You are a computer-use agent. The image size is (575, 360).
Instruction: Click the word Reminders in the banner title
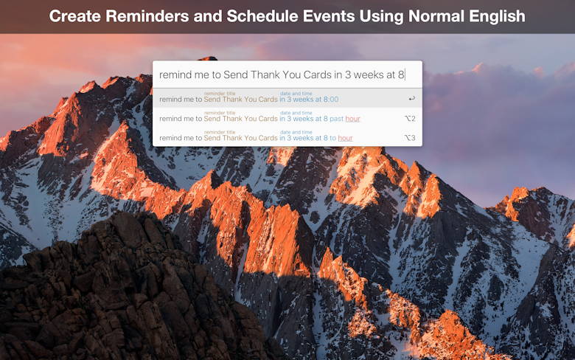(145, 16)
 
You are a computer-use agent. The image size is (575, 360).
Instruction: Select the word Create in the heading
(74, 16)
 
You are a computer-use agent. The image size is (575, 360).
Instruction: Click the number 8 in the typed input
(401, 75)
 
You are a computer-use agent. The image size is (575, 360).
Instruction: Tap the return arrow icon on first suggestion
(412, 98)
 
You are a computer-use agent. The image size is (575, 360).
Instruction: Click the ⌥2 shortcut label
(410, 119)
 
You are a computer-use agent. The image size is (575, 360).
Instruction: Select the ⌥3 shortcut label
(410, 138)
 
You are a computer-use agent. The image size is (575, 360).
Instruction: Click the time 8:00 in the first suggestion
(331, 100)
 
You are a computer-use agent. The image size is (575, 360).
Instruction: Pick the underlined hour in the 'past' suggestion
(353, 119)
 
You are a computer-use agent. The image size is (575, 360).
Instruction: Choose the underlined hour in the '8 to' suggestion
(346, 139)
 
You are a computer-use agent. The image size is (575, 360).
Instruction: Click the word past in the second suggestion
(336, 119)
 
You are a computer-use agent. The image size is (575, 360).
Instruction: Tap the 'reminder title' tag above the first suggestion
(220, 94)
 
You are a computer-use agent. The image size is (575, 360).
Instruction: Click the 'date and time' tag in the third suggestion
(296, 132)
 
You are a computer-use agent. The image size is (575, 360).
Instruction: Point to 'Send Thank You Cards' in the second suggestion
(240, 119)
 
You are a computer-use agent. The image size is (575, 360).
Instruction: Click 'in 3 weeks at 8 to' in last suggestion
(307, 139)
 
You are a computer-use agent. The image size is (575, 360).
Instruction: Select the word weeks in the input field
(369, 75)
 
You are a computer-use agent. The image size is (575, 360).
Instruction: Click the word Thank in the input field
(265, 75)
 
